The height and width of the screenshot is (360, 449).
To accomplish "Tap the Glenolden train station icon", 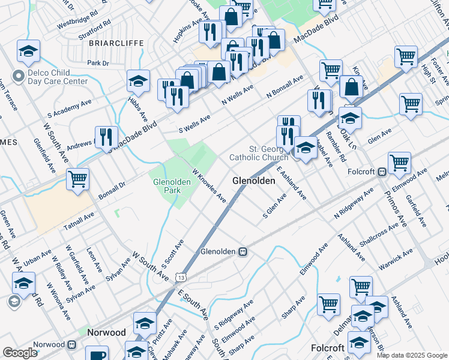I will (x=243, y=251).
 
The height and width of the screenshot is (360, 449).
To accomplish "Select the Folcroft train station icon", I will (x=381, y=171).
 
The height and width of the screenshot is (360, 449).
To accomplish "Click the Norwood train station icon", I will (x=71, y=344).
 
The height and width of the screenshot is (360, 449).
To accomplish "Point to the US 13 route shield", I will (x=181, y=277).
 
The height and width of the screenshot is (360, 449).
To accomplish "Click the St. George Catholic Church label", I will (x=259, y=153).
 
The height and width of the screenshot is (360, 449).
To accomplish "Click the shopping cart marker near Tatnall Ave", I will (x=77, y=178).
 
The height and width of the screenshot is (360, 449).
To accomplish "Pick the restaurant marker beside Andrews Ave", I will (x=103, y=137).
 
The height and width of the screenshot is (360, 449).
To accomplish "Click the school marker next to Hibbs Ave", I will (x=138, y=81).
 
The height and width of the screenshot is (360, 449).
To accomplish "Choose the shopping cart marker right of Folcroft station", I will (x=399, y=162).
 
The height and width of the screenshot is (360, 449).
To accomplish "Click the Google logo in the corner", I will (x=20, y=353).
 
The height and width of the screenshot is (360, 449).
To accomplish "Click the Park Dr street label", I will (x=98, y=62).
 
